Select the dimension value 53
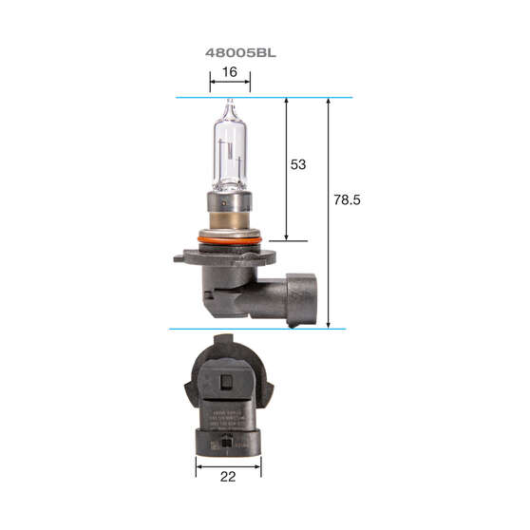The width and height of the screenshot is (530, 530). pos(297,164)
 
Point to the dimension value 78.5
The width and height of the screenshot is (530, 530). pos(349,200)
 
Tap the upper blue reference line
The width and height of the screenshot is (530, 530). pos(264,97)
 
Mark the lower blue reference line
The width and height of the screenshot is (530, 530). pos(256,329)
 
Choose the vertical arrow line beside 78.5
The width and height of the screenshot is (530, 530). pos(329,213)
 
